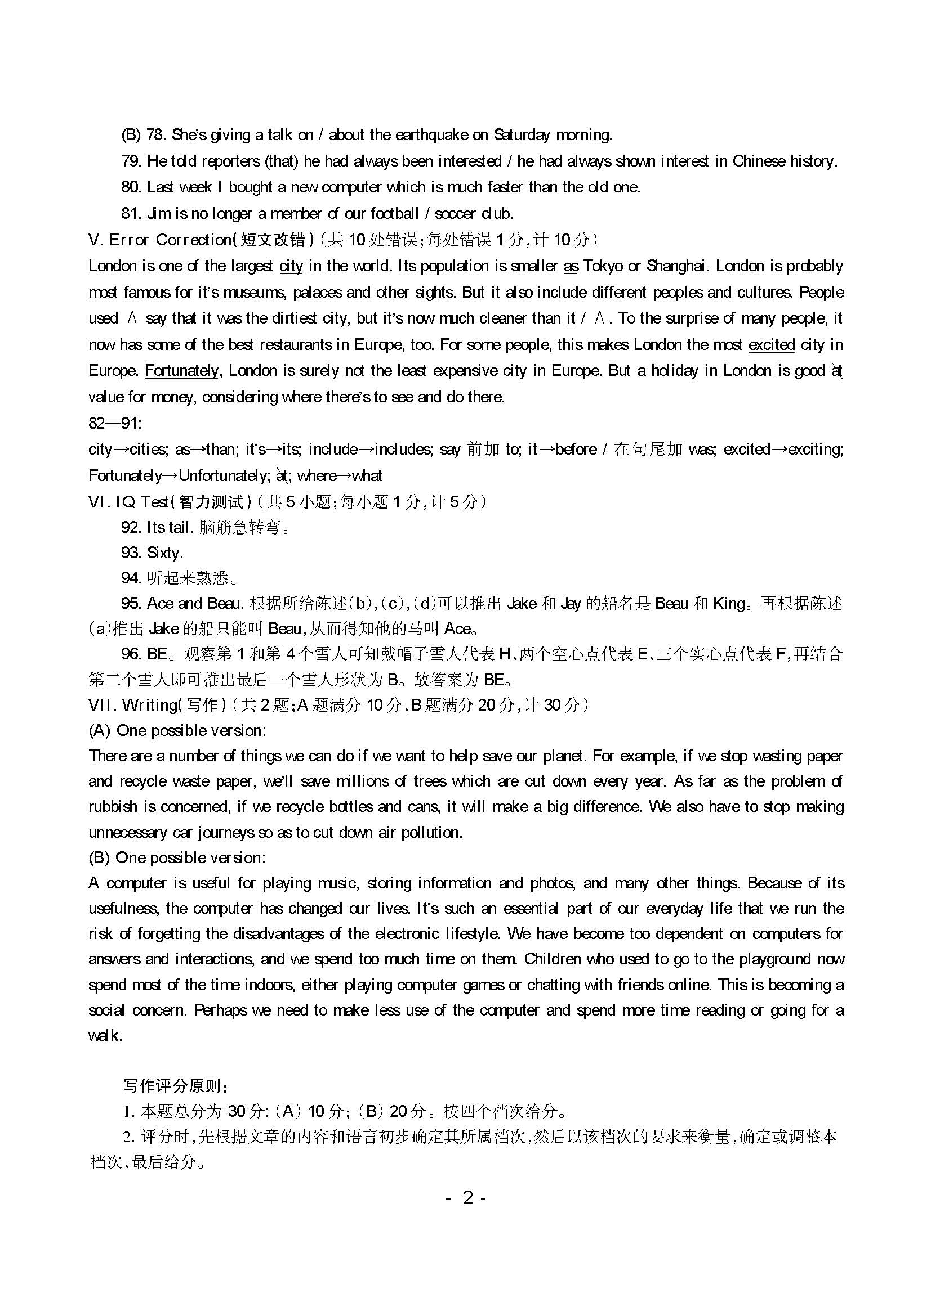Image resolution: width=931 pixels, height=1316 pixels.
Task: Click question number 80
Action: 131,187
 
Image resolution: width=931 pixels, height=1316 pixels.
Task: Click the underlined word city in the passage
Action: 291,267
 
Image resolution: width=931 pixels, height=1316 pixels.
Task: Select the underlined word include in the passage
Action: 562,293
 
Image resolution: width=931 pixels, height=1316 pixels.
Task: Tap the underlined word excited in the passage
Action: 772,345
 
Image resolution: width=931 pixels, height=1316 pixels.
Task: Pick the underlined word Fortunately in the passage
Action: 181,371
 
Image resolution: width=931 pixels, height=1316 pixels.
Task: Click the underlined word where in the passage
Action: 302,397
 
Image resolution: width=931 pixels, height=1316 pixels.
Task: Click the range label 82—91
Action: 115,424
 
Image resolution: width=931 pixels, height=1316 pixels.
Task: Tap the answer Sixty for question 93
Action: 165,553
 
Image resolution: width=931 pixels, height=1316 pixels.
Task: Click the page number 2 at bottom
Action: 467,1199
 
